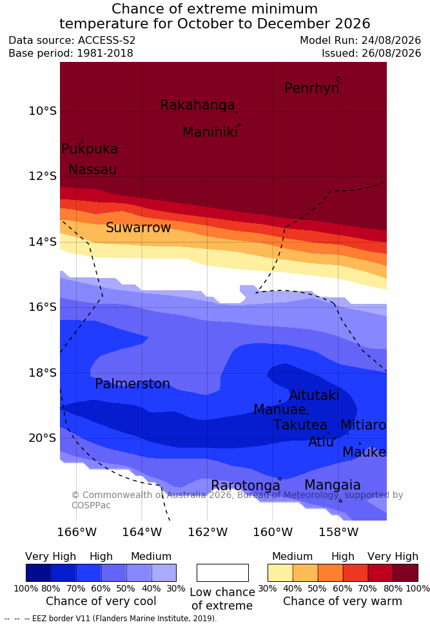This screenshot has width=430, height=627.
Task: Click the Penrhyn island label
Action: coord(312,88)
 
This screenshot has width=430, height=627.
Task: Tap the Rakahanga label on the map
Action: coord(197,104)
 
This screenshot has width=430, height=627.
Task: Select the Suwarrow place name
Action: coord(138,228)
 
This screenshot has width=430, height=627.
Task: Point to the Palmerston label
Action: coord(132,384)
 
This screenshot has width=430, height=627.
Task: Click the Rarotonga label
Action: coord(246,486)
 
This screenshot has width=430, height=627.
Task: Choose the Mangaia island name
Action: coord(333,485)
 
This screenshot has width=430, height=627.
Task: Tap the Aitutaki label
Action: coord(314,395)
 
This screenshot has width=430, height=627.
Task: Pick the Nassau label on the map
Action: coord(93,170)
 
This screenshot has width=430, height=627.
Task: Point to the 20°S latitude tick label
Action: coord(43,438)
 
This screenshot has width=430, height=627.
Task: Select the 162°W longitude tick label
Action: coord(208,532)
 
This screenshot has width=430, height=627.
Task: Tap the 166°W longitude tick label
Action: coord(77,532)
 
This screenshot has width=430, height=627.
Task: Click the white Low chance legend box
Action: coord(222,573)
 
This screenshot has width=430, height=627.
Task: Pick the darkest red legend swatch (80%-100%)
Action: coord(406,573)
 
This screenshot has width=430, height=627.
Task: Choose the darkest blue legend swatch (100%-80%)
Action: coord(39,573)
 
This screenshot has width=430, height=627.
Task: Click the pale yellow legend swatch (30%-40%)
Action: coord(280,573)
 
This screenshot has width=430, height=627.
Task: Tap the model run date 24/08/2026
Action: coord(391,41)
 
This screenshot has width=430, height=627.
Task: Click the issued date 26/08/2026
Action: coord(391,53)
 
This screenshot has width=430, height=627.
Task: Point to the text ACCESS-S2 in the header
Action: coord(107,41)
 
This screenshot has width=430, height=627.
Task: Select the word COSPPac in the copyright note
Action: coord(91,505)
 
